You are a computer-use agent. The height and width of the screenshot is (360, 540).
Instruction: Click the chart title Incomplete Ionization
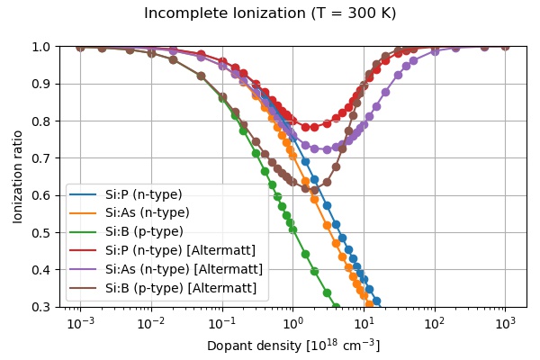270,13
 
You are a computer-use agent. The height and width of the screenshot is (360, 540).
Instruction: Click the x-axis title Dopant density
293,346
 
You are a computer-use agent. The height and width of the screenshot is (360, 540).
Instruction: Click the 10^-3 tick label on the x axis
80,323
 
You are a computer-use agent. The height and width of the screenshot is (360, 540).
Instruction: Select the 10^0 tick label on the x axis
292,323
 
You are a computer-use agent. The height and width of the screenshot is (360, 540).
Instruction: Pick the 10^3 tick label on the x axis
505,323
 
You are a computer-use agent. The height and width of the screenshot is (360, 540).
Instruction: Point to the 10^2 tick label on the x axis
434,323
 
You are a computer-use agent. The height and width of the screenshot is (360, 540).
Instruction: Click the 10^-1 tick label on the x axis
221,323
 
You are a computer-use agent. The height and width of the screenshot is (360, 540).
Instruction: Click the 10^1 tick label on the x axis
364,323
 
